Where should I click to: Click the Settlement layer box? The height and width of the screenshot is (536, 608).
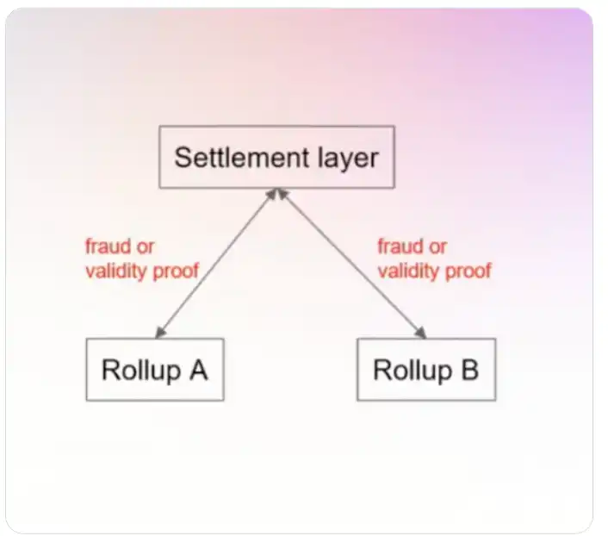(276, 157)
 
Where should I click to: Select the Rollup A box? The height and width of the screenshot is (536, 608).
(154, 369)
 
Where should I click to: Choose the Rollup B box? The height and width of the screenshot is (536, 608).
(425, 369)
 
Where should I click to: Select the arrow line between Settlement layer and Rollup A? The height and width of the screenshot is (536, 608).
(215, 262)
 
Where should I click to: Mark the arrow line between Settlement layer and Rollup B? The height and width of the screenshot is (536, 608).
(351, 262)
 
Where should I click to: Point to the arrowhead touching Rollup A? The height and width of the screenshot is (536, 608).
(159, 333)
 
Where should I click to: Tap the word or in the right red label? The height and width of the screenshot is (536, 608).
(438, 247)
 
